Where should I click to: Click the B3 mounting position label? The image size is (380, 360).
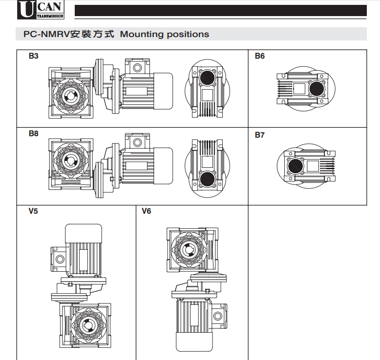pos(34,56)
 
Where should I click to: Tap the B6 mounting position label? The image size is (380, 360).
pos(260,56)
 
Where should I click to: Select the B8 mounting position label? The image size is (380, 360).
pos(34,133)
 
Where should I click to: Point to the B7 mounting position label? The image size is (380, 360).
pos(260,135)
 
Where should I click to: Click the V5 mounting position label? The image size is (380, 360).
pos(34,211)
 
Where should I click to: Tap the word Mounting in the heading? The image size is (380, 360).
pos(140,35)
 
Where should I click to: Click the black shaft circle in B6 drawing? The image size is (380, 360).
pos(317,88)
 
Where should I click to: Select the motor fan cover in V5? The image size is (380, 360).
pos(84,233)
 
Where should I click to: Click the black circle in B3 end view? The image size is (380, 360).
pos(208,77)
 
